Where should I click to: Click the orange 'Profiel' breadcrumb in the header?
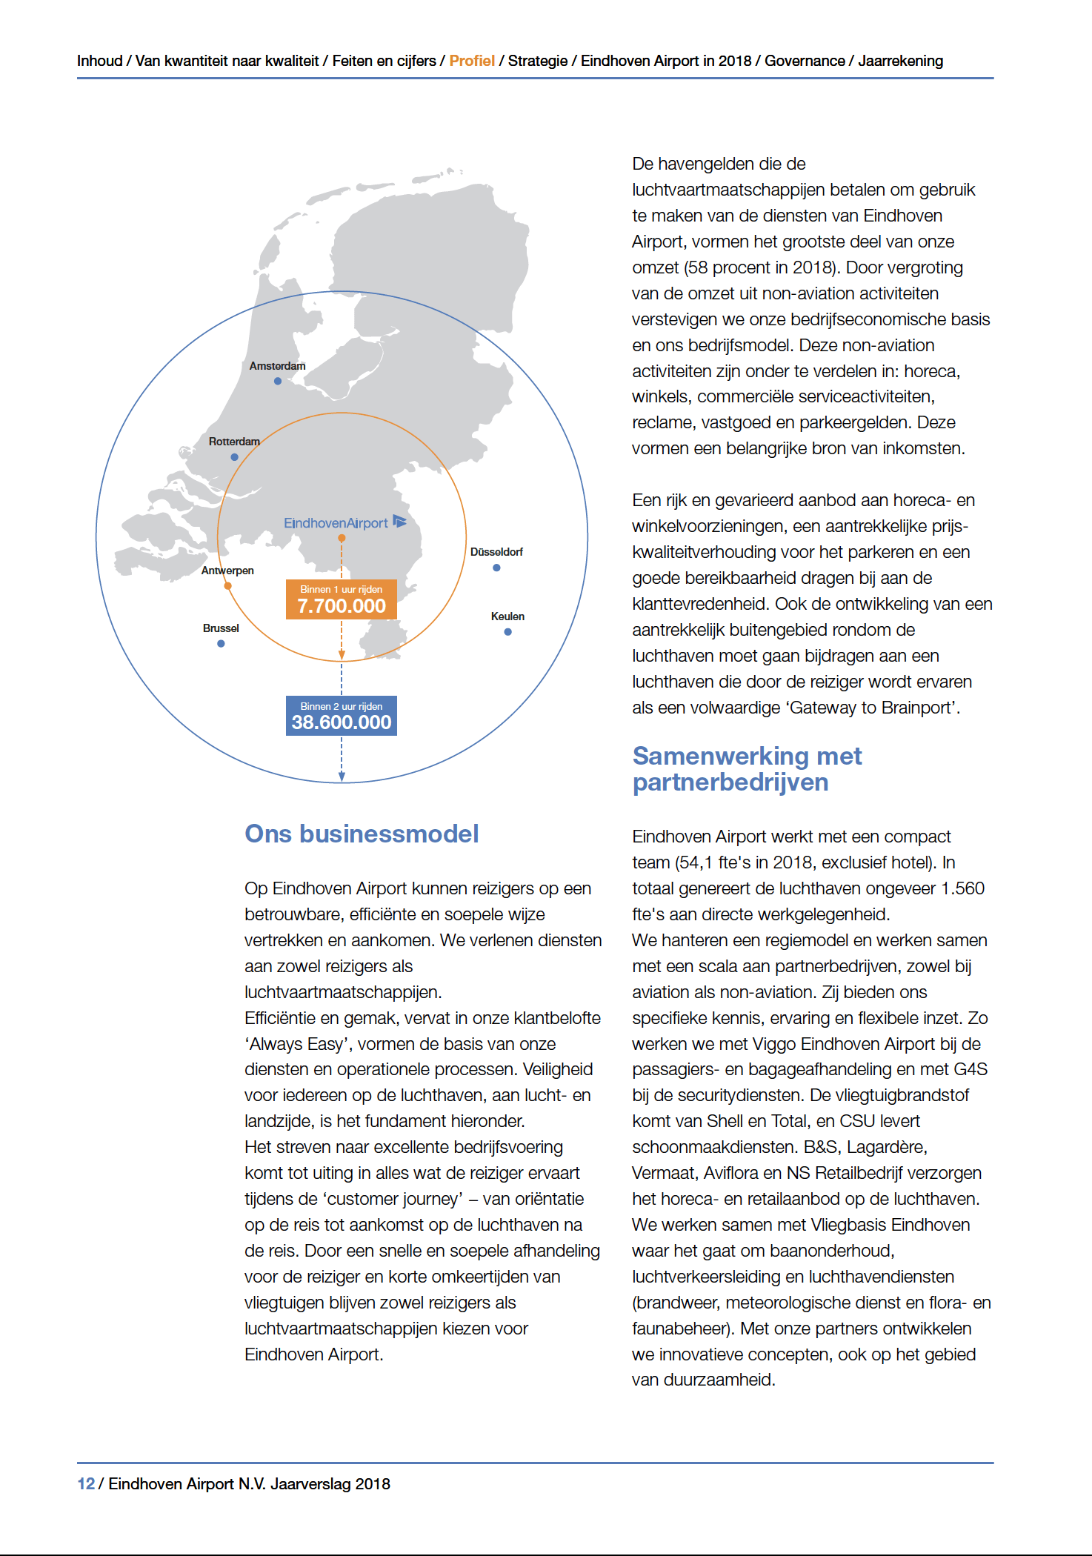(472, 61)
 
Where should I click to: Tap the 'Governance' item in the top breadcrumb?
(805, 61)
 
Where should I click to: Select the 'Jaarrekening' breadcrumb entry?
(900, 61)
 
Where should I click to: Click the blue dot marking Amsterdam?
(278, 382)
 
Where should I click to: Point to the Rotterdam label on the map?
(234, 442)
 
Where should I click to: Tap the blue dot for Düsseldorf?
(496, 568)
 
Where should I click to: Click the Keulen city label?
(507, 616)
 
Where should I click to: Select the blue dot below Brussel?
(221, 644)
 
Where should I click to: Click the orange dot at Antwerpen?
(228, 586)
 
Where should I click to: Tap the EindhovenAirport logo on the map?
(344, 523)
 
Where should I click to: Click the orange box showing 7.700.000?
(342, 599)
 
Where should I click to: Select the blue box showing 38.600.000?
(342, 716)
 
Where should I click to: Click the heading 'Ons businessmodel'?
(362, 834)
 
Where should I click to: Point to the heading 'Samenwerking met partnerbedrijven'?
(747, 769)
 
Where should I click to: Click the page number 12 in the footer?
(86, 1484)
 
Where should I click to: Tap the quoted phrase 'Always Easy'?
(296, 1044)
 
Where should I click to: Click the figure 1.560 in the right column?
(962, 888)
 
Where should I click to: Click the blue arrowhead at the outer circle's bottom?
(342, 777)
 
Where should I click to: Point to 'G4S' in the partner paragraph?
(971, 1069)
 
